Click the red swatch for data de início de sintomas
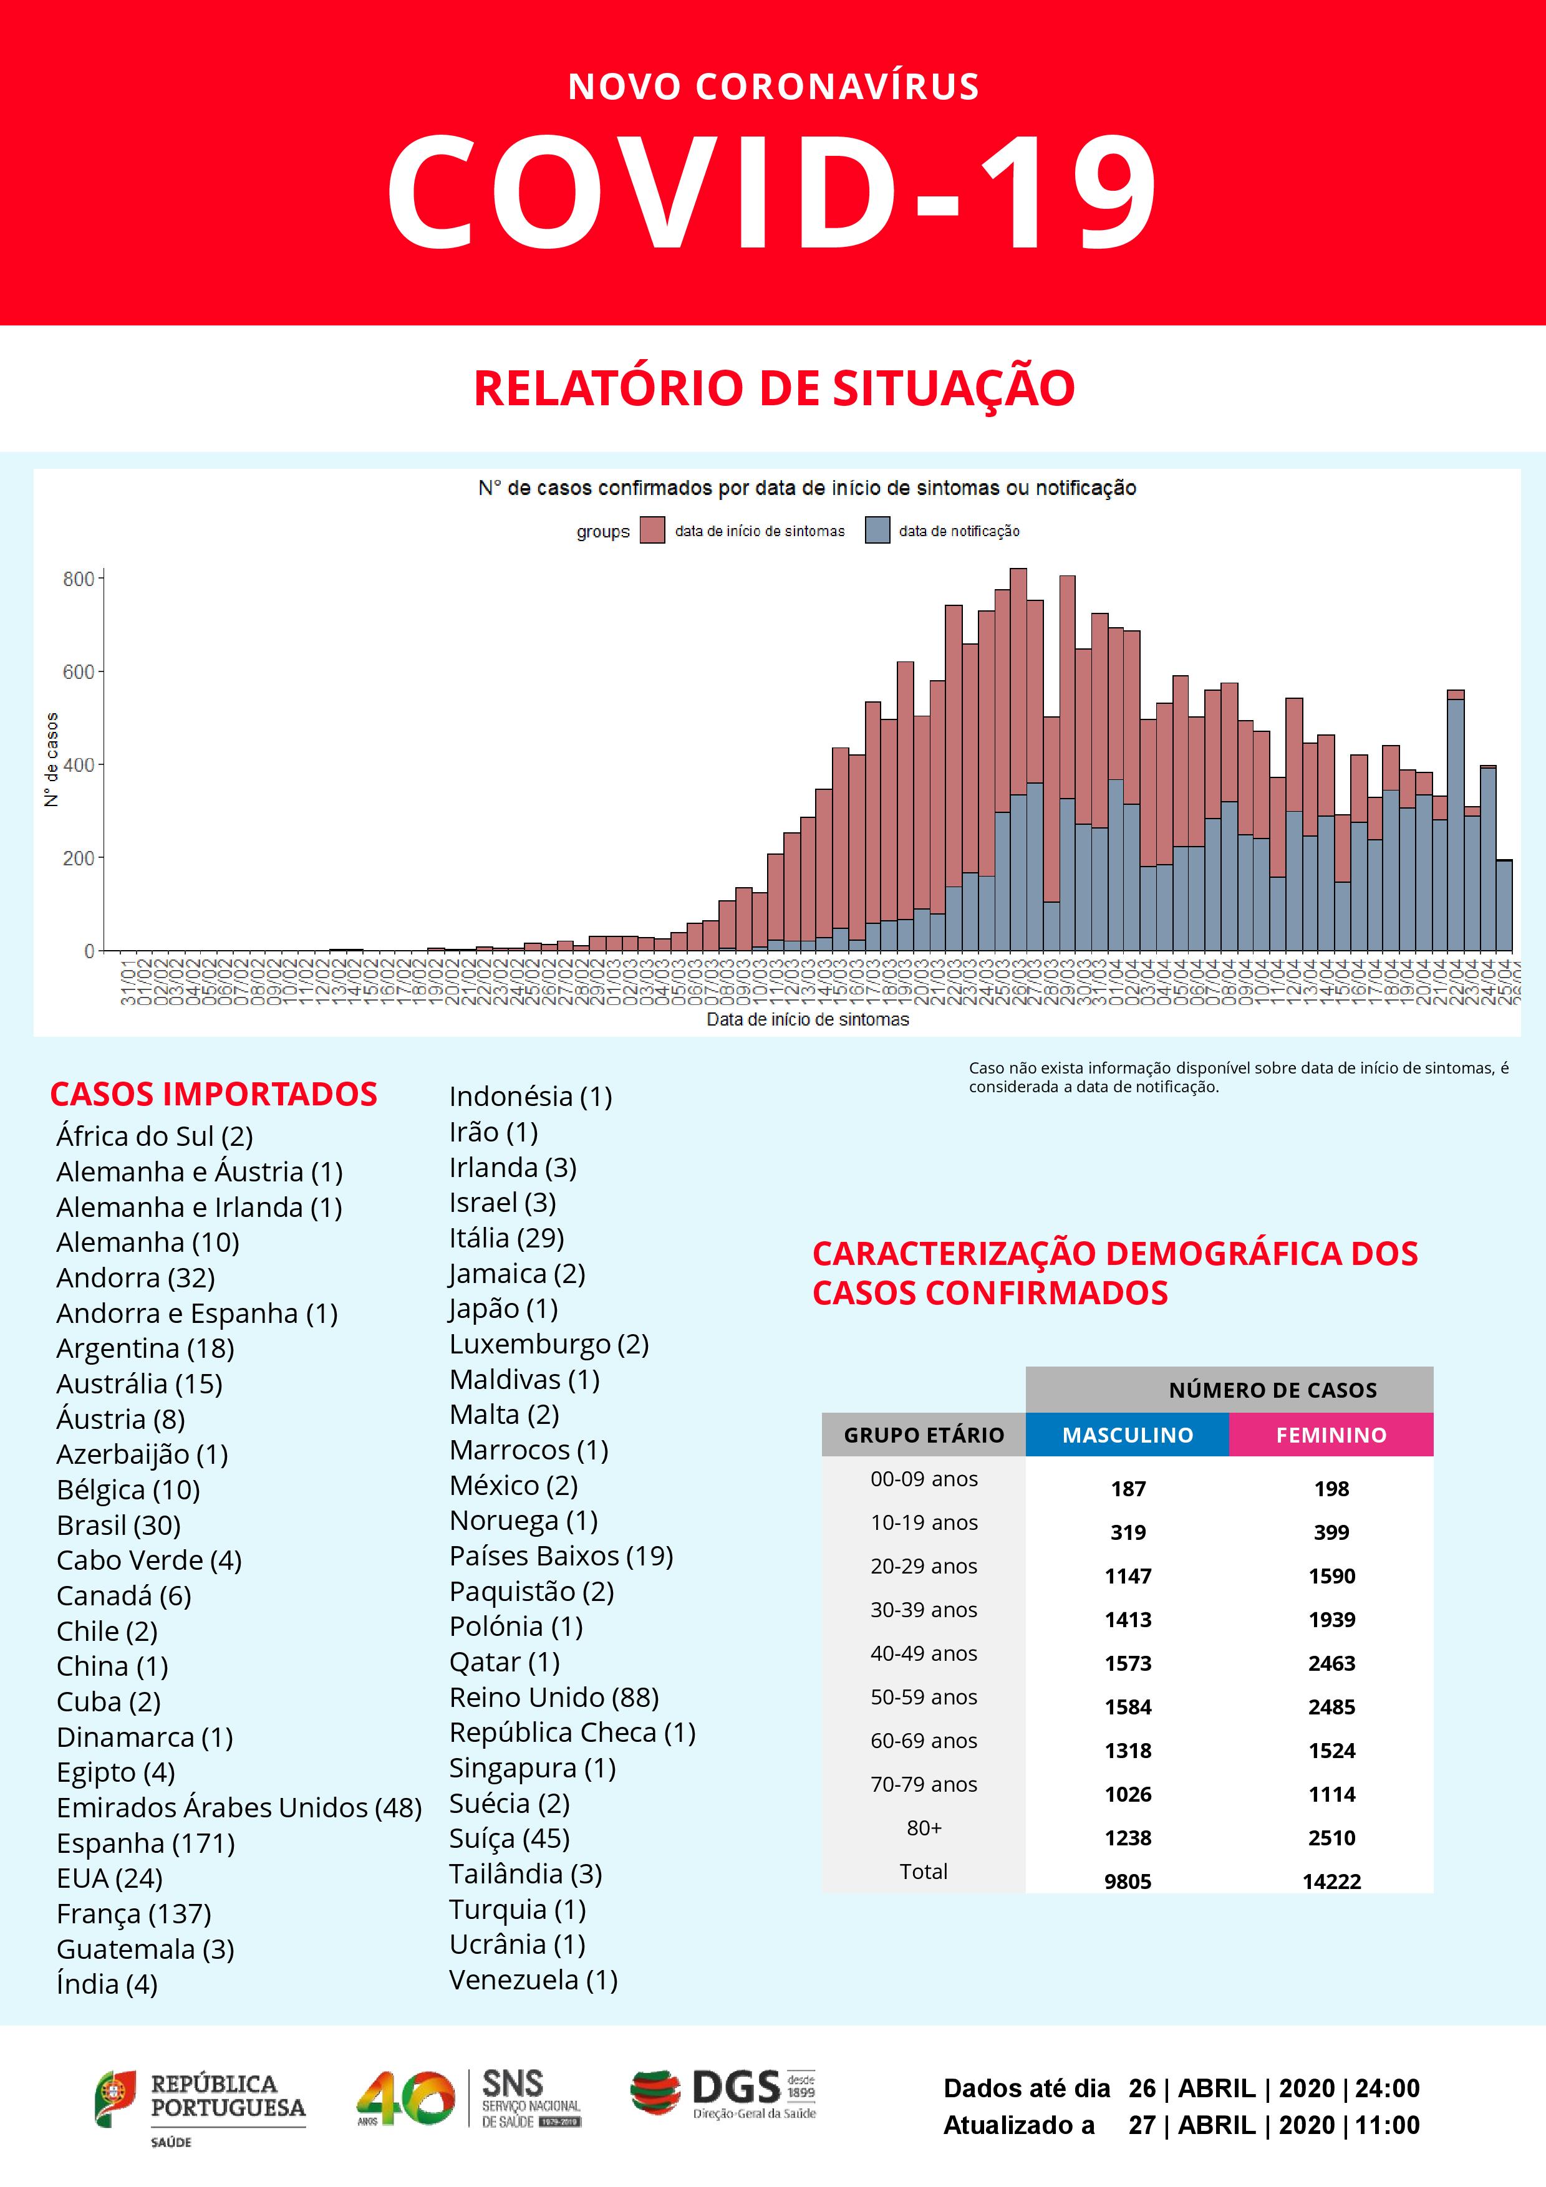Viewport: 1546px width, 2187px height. (652, 531)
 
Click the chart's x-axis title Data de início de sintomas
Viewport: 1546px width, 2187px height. (807, 1019)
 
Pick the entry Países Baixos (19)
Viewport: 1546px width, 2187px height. (561, 1555)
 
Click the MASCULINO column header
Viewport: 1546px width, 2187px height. (1127, 1435)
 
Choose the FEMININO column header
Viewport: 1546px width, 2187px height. (1331, 1435)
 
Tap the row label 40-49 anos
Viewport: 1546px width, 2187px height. (923, 1653)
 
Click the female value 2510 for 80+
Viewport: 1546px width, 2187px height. (1331, 1837)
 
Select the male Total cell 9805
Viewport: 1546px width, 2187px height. (1128, 1882)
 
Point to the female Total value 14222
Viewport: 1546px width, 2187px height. (1331, 1882)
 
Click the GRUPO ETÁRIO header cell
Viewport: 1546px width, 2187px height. (923, 1435)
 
